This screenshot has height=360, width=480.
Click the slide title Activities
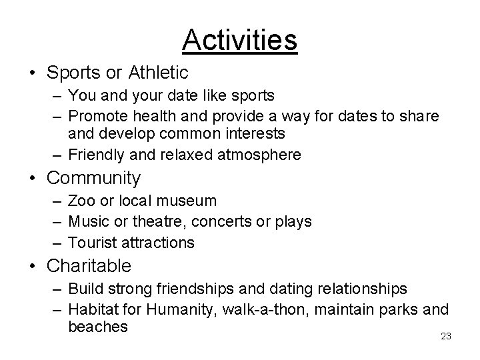239,39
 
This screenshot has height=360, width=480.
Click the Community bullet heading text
94,178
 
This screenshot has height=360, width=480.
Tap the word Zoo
81,200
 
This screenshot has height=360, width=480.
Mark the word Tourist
91,242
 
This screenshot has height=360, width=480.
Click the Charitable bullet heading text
89,265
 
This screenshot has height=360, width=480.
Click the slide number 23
446,336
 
